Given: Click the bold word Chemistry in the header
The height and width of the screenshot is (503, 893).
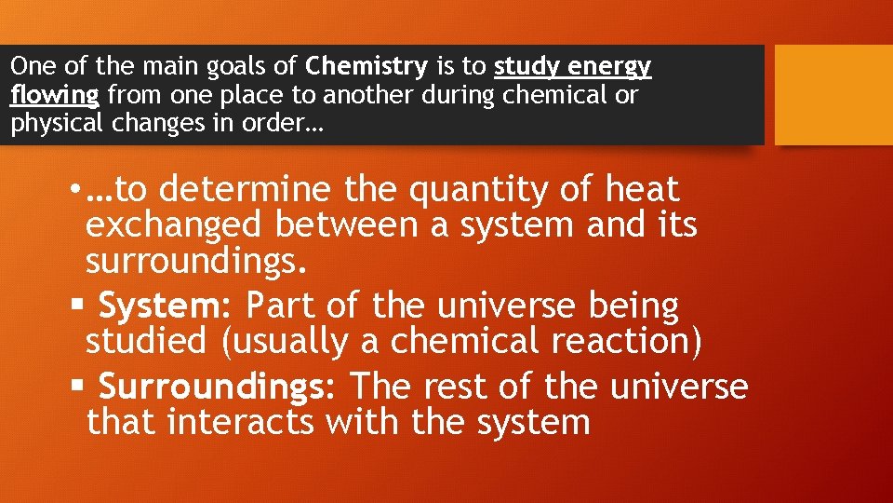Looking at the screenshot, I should tap(367, 67).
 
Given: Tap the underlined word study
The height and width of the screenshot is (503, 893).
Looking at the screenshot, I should tap(527, 67).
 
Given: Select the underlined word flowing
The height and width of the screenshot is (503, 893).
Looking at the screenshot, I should tap(55, 95).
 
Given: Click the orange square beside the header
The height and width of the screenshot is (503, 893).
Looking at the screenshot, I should tap(833, 95).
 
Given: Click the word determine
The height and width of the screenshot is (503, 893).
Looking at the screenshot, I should tap(245, 190).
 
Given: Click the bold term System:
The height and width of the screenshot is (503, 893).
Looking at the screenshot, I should tap(167, 306).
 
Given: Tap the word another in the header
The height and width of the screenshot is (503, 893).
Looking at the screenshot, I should tap(460, 95).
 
